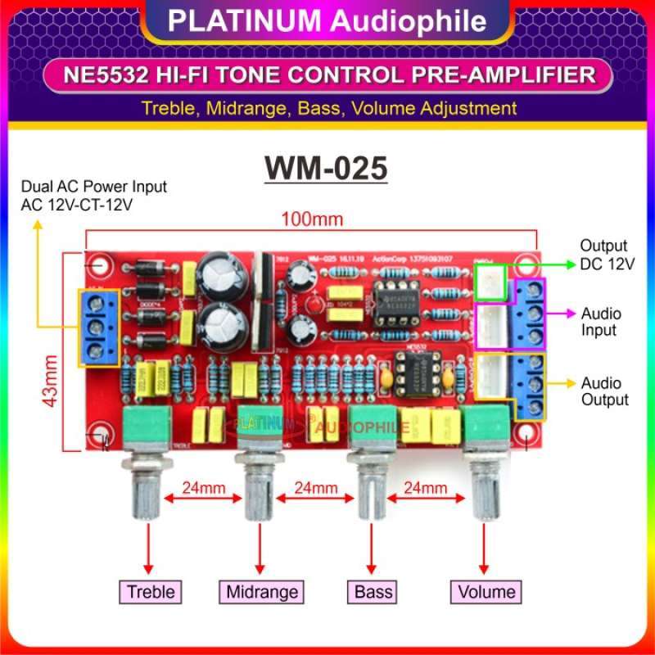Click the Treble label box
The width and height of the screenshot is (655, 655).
coord(149,591)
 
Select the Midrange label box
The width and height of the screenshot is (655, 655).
coord(261,591)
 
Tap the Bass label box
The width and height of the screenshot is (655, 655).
coord(373,591)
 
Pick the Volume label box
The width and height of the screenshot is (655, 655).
coord(486,591)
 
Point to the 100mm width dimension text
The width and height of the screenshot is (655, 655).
coord(310,219)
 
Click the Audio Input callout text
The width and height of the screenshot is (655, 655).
coord(601,322)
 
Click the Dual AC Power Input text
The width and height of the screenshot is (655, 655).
coord(94,187)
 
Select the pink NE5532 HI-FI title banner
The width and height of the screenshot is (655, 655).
coord(327,75)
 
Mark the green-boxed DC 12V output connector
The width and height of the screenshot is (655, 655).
coord(491,282)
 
